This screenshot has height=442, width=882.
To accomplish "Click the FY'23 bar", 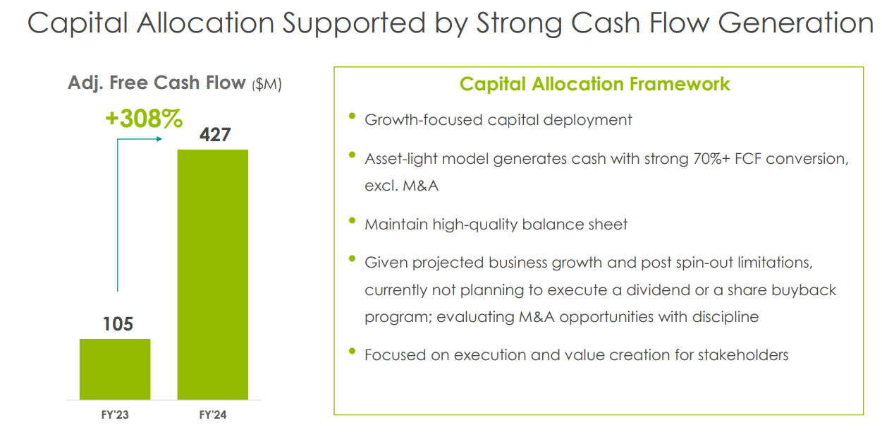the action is coord(115,369).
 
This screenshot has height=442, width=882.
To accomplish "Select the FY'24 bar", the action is coord(213,275).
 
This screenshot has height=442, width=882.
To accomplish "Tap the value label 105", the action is coord(118,324).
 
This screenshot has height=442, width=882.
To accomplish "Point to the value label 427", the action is coord(215,135).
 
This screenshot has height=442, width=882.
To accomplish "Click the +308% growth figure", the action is coord(144,119).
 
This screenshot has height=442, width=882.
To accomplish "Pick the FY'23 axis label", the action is coord(115,414).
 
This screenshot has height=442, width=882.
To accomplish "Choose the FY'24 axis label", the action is coord(213,414).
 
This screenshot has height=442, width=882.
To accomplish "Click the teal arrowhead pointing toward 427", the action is coord(159,139).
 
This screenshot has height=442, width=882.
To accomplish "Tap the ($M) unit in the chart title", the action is coord(267,84).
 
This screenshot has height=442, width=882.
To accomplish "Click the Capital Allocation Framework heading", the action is coord(594,84).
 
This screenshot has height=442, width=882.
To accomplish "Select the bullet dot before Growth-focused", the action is coord(352,116).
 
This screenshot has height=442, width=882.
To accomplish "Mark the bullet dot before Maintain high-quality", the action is coord(352,220).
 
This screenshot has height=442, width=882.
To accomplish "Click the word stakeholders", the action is coord(743,355).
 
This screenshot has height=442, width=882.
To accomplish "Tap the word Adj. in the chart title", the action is coord(85,83).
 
